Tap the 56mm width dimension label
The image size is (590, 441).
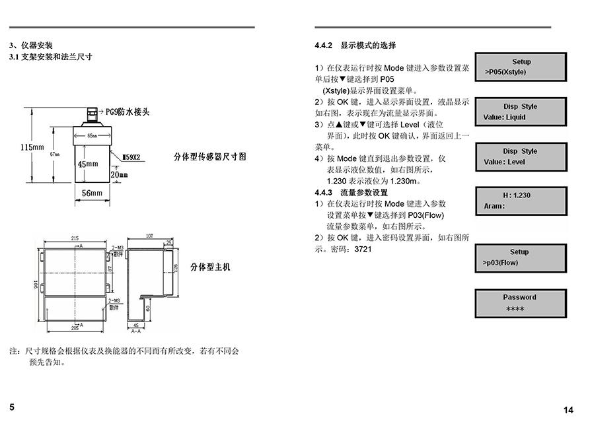[92, 193]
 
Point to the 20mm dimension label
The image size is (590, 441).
[120, 174]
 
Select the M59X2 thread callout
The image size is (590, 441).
[135, 158]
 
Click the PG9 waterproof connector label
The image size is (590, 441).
[128, 112]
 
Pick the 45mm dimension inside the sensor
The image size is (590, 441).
[88, 164]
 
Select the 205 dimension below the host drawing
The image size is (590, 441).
[75, 328]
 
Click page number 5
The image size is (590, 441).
[12, 407]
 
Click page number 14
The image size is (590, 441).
[568, 410]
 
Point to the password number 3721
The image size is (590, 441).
[363, 250]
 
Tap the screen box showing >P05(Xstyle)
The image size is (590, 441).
[521, 67]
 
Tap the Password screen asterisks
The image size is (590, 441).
[515, 309]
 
